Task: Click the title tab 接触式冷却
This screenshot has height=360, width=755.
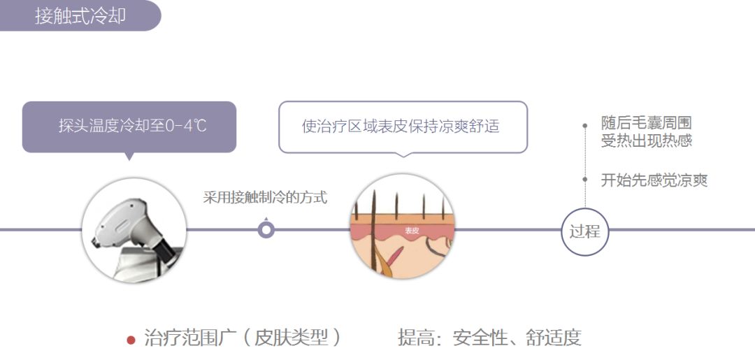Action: click(x=80, y=15)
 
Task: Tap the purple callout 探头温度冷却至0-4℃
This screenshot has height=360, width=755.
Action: click(x=129, y=127)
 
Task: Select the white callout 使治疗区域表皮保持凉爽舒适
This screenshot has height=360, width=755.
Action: click(x=402, y=127)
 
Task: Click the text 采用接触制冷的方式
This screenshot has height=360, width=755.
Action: click(x=265, y=197)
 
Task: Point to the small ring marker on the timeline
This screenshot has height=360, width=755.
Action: click(x=266, y=229)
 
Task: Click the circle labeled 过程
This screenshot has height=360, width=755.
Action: click(x=585, y=231)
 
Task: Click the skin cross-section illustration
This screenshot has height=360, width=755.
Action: click(x=401, y=228)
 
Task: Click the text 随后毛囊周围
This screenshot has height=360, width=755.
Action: click(x=646, y=124)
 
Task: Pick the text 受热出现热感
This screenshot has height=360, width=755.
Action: click(x=646, y=141)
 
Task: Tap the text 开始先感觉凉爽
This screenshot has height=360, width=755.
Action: click(x=654, y=180)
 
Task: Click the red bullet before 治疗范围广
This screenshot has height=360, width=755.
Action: click(x=131, y=340)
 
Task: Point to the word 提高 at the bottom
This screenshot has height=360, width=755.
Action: click(x=413, y=338)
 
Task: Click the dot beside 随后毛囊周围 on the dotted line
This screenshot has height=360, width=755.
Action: click(x=585, y=126)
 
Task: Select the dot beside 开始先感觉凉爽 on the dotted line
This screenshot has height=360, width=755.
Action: click(x=585, y=180)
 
